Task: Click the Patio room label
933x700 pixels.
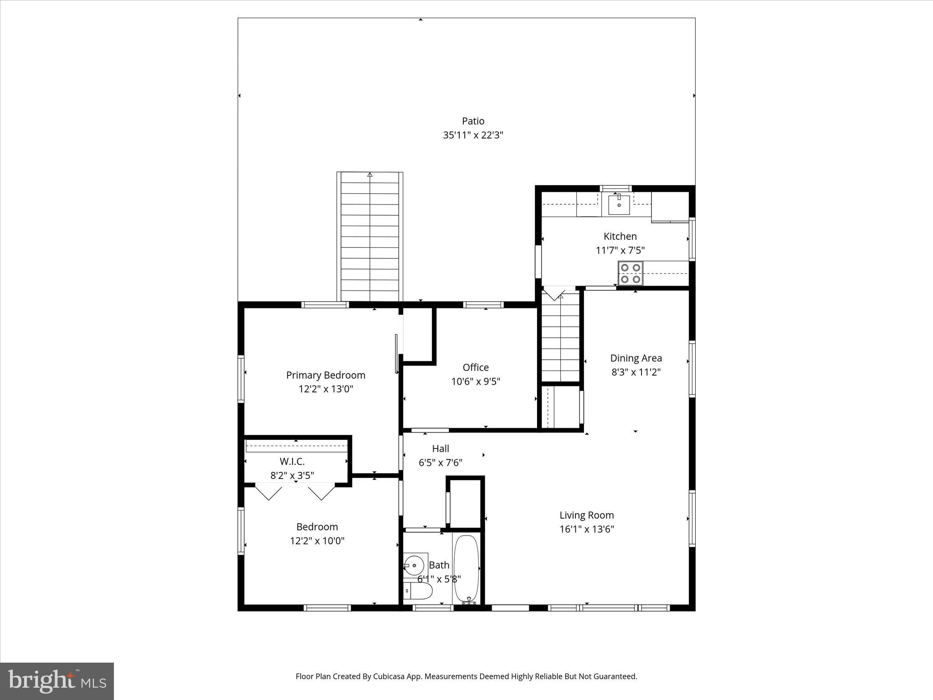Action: tap(473, 121)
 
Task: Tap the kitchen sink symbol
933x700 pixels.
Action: tap(619, 205)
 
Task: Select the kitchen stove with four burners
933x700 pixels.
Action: tap(631, 273)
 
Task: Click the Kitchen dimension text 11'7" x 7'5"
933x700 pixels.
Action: tap(620, 250)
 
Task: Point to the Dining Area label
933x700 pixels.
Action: tap(636, 358)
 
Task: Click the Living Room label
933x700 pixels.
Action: tap(587, 515)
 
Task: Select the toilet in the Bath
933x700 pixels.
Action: tap(418, 592)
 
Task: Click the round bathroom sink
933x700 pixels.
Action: tap(414, 566)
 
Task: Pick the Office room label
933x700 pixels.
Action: tap(476, 367)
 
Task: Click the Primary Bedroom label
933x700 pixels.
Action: tap(326, 375)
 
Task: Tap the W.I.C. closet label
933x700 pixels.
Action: tap(292, 462)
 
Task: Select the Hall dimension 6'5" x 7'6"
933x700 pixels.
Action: tap(441, 463)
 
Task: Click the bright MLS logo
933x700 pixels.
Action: tap(57, 681)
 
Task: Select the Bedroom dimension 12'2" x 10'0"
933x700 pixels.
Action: tap(317, 541)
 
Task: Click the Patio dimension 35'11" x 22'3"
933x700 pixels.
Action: tap(473, 135)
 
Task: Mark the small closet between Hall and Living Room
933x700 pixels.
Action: tap(465, 503)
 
